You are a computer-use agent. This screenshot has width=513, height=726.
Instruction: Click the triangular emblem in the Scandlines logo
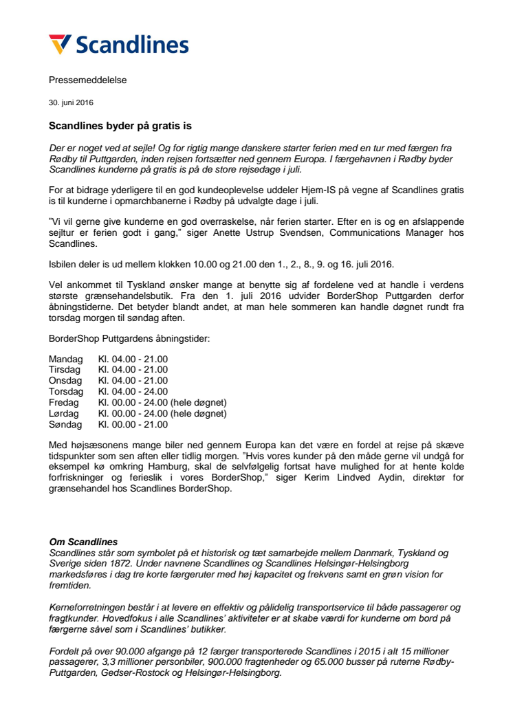59,44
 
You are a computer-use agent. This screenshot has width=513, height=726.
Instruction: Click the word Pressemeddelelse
87,80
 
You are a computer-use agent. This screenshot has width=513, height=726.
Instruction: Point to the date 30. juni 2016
71,102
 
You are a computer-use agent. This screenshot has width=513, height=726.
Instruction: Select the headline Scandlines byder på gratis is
120,126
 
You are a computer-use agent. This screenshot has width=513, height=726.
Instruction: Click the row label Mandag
65,359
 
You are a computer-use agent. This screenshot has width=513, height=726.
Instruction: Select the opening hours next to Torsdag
133,391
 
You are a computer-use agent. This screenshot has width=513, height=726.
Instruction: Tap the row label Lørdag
64,413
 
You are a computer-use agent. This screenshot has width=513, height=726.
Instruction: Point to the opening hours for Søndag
133,424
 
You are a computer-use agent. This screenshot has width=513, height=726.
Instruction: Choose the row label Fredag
64,402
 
